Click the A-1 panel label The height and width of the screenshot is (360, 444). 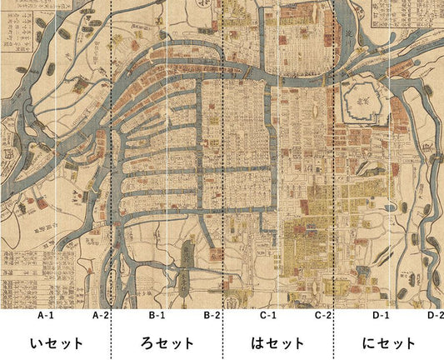[x=45, y=316]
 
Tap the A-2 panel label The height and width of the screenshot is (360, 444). [x=100, y=316]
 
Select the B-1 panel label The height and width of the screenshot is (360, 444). [x=157, y=316]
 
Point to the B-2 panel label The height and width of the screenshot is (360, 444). [x=212, y=316]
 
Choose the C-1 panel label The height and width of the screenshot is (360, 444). [x=267, y=316]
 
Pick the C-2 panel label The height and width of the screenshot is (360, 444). [x=323, y=316]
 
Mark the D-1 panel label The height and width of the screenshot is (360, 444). [x=380, y=316]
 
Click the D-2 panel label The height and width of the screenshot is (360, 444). [x=435, y=316]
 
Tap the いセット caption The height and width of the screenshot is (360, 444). [x=56, y=342]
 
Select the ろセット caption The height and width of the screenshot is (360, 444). [x=167, y=342]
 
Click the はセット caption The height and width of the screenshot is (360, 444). [x=278, y=342]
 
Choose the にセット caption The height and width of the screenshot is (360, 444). [x=389, y=342]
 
